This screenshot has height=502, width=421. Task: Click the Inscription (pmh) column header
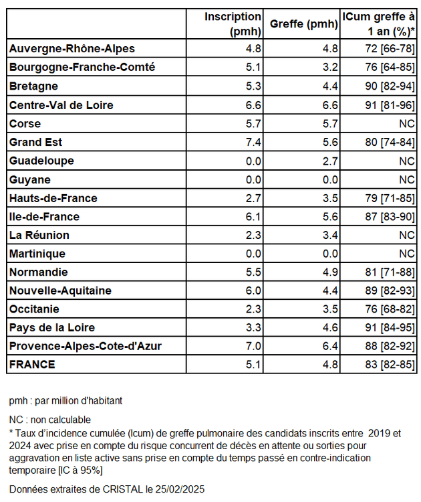tap(233, 24)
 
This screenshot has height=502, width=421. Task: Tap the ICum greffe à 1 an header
tap(378, 24)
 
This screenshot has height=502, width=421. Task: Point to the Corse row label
tap(25, 124)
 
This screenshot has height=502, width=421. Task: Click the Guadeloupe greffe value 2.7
tap(329, 161)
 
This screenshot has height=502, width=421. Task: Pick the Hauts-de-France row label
tap(53, 198)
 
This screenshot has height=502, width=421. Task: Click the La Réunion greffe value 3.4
tap(329, 236)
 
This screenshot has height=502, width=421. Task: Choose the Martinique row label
tap(37, 254)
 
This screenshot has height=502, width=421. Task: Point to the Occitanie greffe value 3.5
tap(329, 310)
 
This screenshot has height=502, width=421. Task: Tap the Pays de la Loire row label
tap(52, 328)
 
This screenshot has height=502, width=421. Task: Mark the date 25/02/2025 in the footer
tap(177, 489)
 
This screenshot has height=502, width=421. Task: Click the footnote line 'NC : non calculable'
tap(50, 420)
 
